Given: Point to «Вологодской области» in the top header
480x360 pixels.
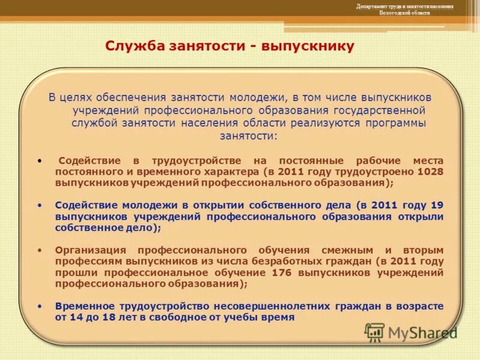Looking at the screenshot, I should [404, 13].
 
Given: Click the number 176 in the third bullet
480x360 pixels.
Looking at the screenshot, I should [283, 273].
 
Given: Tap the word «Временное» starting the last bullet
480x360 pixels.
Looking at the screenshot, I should [84, 306].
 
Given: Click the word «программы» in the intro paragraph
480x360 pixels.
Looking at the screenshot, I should [393, 123].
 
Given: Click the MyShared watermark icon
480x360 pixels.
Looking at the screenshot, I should [374, 332].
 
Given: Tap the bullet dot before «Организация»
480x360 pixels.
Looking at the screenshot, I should [40, 250].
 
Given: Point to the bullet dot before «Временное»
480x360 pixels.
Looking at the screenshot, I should [40, 306].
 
